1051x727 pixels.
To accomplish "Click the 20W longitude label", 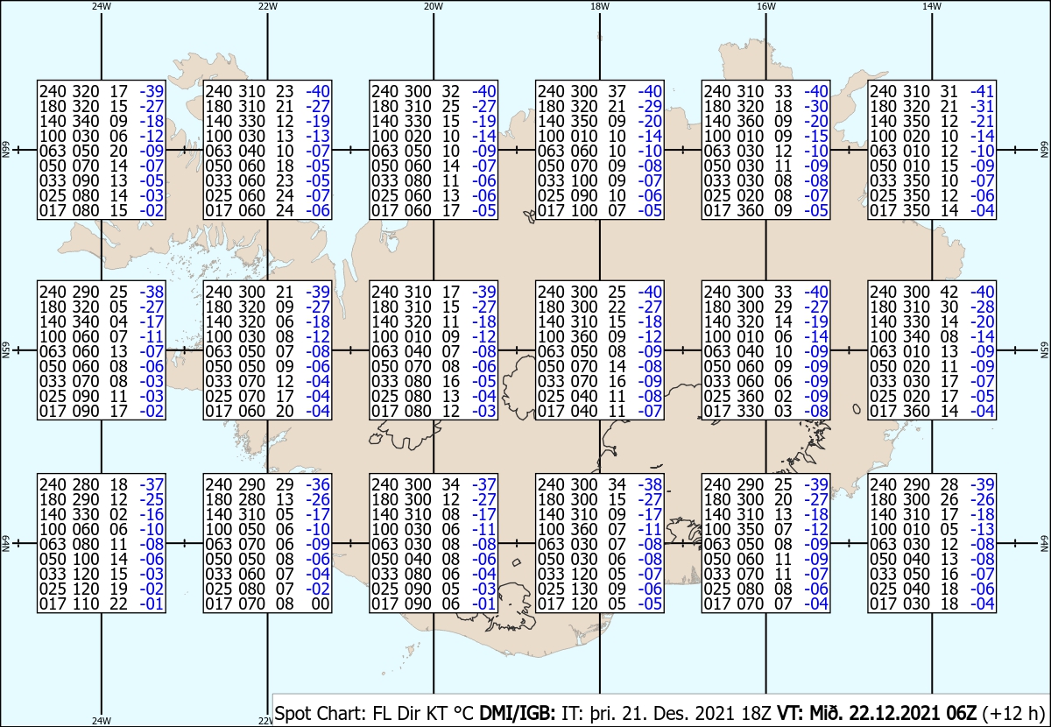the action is click(433, 7).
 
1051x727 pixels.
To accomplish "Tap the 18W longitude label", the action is click(600, 7).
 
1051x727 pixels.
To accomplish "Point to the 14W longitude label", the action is click(932, 7).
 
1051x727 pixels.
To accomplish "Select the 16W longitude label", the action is click(765, 7).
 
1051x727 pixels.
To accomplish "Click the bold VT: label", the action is click(791, 713).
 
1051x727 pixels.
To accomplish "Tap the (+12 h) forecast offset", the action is click(1012, 714).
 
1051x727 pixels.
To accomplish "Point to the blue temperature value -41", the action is click(983, 91).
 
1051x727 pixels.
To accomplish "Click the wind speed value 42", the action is click(949, 292).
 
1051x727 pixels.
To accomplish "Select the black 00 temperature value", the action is click(321, 604).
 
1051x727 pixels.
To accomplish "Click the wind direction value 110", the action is click(86, 604).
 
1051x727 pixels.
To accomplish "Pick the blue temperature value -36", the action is click(318, 484).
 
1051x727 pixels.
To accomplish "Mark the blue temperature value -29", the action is click(650, 106).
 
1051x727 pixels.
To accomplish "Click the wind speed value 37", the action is click(617, 91).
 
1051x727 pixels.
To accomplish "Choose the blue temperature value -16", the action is click(152, 514).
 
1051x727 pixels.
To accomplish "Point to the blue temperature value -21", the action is click(983, 121).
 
